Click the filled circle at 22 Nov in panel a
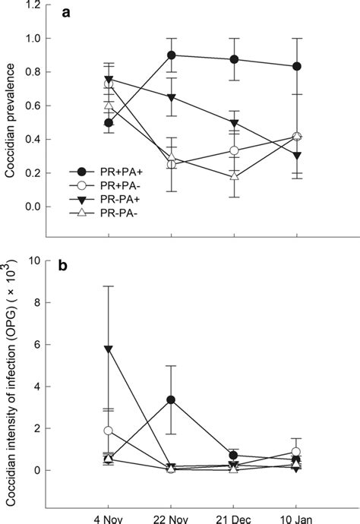[x=172, y=55]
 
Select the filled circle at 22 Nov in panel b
[x=172, y=399]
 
